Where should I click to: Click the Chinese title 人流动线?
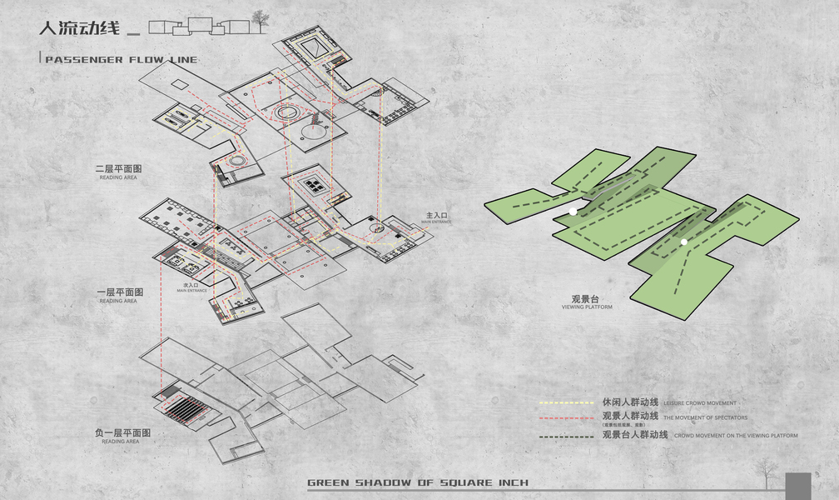pyautogui.click(x=79, y=27)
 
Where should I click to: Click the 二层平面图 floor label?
pyautogui.click(x=120, y=169)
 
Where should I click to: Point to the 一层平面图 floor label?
pyautogui.click(x=120, y=292)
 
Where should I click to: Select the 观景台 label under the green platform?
pyautogui.click(x=586, y=298)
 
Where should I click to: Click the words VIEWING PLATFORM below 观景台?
pyautogui.click(x=587, y=307)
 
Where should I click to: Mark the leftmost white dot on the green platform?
pyautogui.click(x=573, y=212)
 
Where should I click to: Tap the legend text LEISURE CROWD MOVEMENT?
pyautogui.click(x=700, y=403)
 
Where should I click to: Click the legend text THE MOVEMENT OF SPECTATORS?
pyautogui.click(x=706, y=417)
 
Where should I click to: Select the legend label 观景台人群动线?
pyautogui.click(x=635, y=435)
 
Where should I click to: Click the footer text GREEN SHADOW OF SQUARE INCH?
pyautogui.click(x=417, y=483)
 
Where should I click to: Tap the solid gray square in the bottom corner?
pyautogui.click(x=797, y=486)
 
